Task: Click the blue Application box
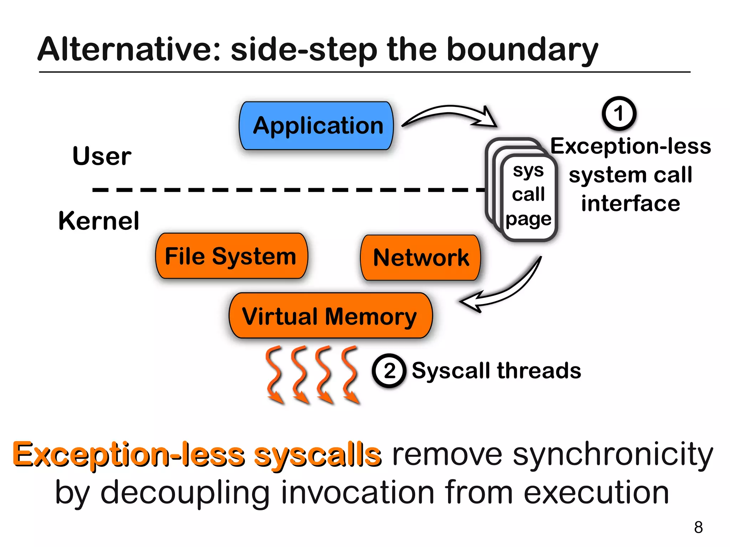click(x=317, y=125)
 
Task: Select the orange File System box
click(x=231, y=256)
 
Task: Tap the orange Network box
click(x=421, y=258)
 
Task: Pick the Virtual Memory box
click(x=330, y=316)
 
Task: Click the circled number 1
click(x=619, y=113)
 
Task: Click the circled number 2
click(x=389, y=371)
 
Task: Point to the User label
click(x=102, y=156)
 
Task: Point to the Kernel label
click(x=99, y=221)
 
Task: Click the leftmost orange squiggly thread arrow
click(x=274, y=374)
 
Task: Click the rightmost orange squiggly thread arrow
click(x=350, y=374)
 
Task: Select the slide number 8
click(x=698, y=527)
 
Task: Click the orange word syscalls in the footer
click(x=317, y=455)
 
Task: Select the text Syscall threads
click(x=496, y=371)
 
